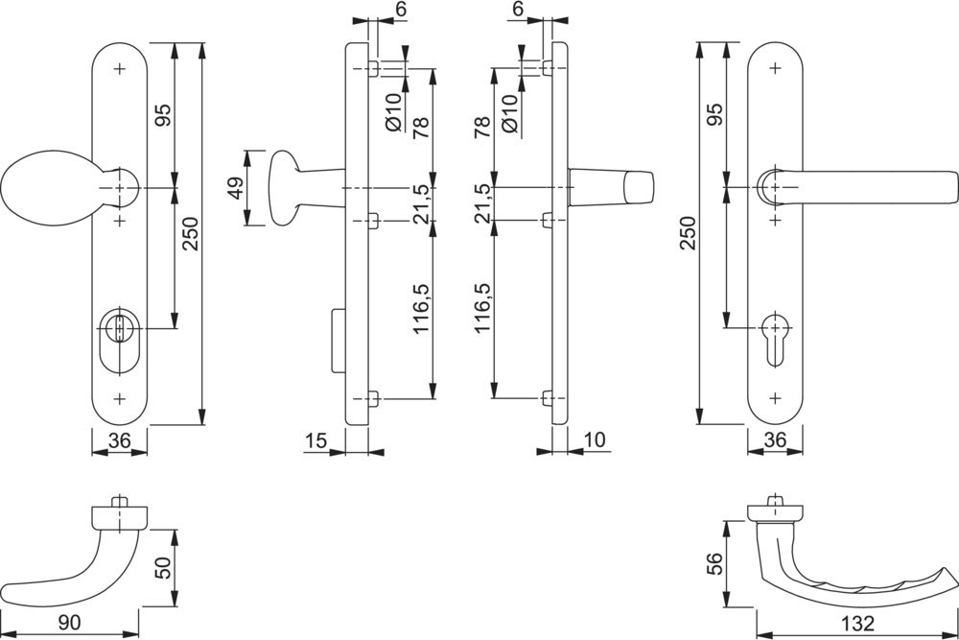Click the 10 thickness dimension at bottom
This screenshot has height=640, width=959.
click(595, 440)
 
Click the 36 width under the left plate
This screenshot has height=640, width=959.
click(119, 440)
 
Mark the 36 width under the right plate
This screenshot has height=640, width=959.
click(776, 440)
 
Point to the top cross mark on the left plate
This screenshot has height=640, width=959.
click(119, 68)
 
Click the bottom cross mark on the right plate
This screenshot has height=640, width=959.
click(776, 395)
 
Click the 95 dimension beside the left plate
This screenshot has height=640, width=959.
click(162, 115)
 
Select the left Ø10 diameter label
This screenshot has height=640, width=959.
click(394, 113)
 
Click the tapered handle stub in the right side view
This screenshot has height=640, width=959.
click(609, 186)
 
